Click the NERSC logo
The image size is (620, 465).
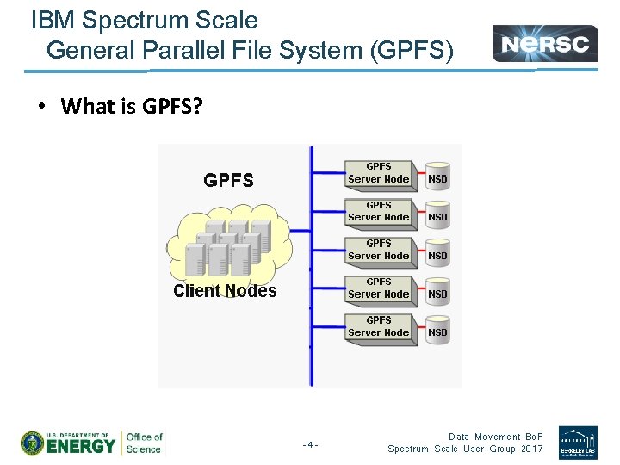click(x=545, y=43)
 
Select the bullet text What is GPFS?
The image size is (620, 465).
click(x=131, y=106)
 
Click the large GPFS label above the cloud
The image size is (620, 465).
click(x=228, y=180)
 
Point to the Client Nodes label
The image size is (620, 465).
click(x=225, y=291)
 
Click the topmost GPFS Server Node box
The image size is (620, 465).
click(x=379, y=173)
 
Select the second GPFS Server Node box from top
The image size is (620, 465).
click(x=379, y=212)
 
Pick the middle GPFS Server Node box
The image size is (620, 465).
click(x=379, y=250)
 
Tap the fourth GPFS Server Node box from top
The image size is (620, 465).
click(x=379, y=288)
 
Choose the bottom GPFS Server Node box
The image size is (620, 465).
click(x=379, y=326)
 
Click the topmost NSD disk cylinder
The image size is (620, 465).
click(x=437, y=178)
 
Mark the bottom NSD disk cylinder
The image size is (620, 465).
click(x=437, y=331)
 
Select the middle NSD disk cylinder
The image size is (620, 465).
click(x=437, y=255)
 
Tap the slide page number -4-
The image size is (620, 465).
click(x=310, y=445)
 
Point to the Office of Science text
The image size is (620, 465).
click(x=144, y=443)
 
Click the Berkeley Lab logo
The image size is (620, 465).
click(x=577, y=442)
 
